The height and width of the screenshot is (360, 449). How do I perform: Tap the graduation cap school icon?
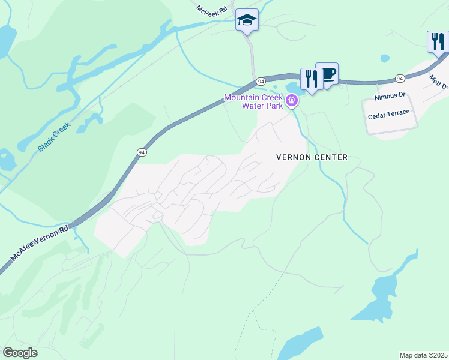246,20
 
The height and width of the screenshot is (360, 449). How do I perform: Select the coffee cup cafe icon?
327,74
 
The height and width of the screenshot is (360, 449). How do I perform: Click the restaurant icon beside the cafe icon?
311,79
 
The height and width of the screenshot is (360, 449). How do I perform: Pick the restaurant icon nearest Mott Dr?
438,42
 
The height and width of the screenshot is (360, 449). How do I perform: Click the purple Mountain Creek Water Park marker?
292,100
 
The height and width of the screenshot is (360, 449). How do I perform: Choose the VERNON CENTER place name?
312,157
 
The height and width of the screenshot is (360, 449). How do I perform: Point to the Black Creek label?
54,136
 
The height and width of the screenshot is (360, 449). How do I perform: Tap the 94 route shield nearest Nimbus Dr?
400,79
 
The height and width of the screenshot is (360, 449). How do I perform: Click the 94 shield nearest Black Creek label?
141,152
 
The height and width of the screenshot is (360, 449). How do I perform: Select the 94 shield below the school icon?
261,81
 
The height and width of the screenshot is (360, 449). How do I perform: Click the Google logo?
20,353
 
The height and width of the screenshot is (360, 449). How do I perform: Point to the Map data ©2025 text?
423,355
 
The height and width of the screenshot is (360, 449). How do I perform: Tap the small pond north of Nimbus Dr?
385,59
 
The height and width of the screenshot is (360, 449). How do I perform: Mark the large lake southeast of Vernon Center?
384,294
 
